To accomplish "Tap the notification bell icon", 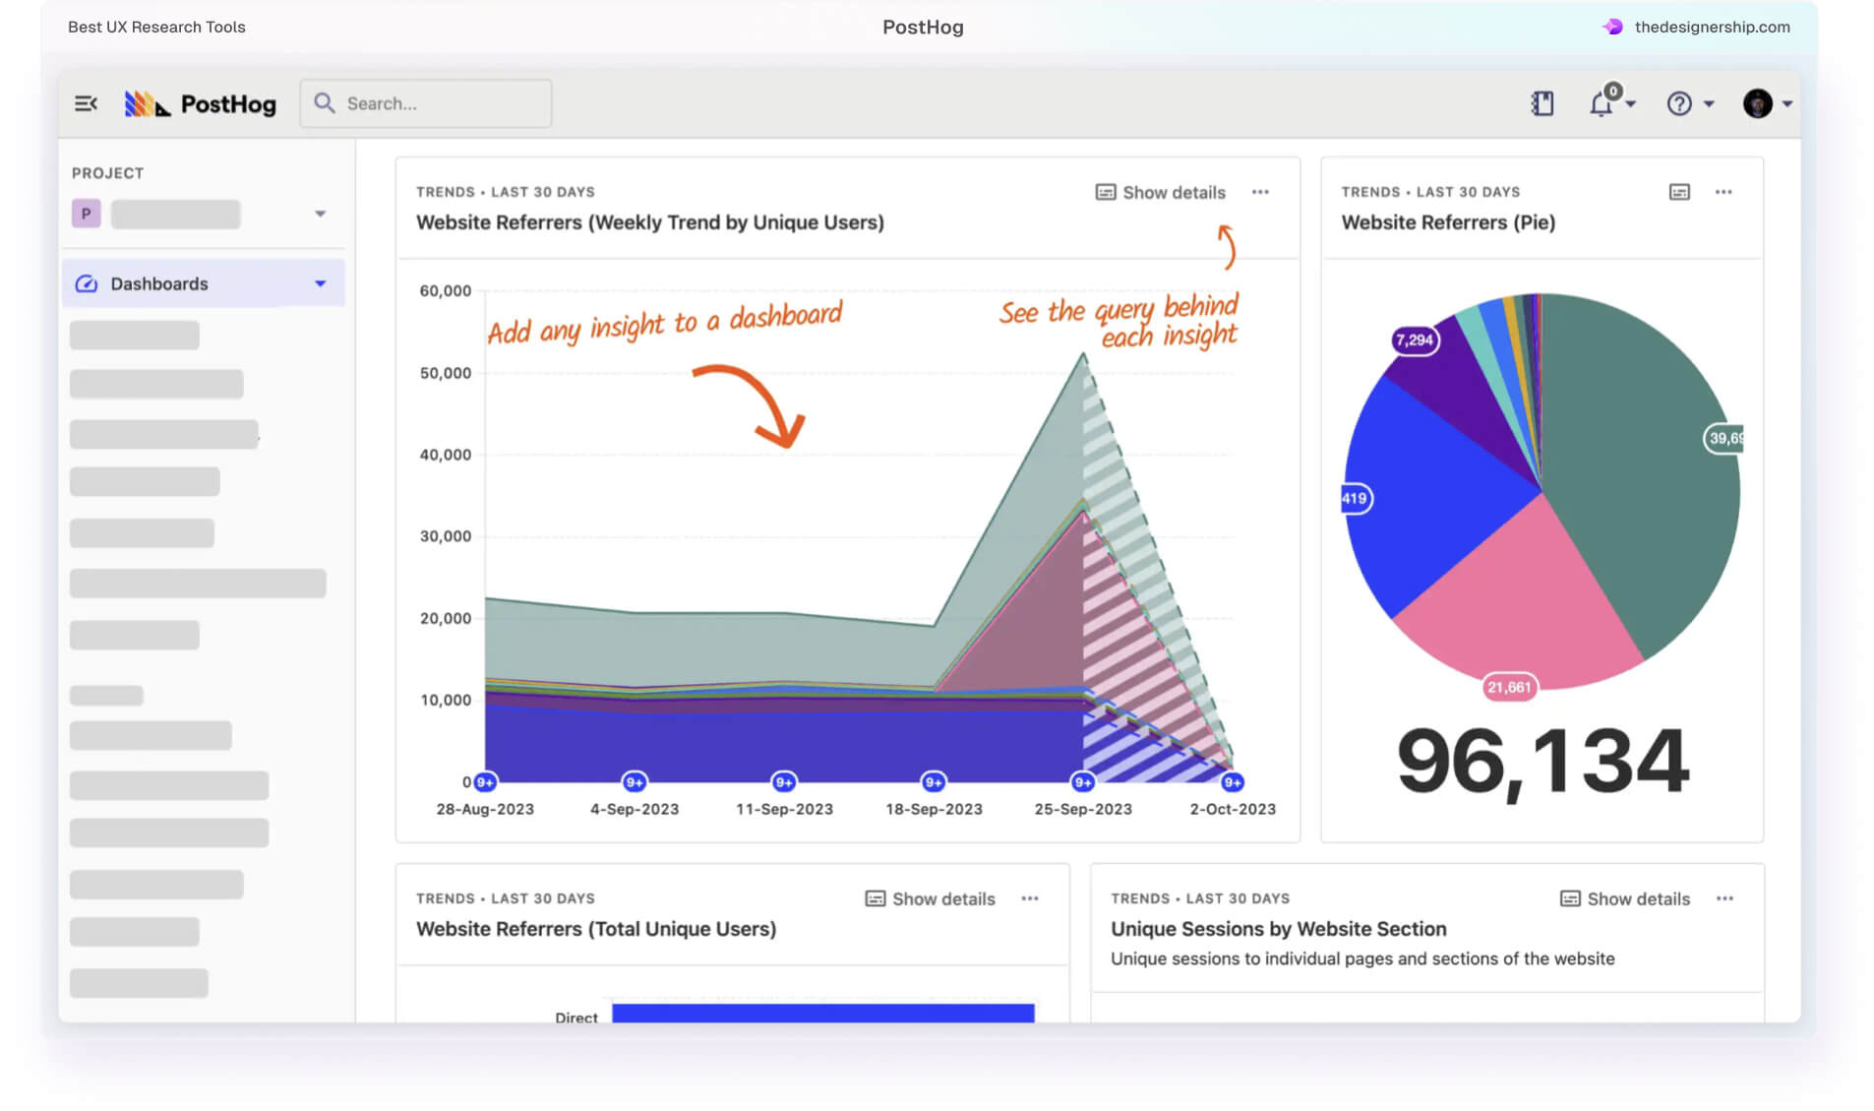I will pyautogui.click(x=1601, y=103).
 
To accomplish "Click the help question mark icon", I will pyautogui.click(x=1678, y=103).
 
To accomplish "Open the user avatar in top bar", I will pyautogui.click(x=1757, y=103).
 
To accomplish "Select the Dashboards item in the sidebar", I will pyautogui.click(x=159, y=283).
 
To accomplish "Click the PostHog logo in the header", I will pyautogui.click(x=201, y=103).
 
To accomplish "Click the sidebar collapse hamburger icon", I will pyautogui.click(x=86, y=103).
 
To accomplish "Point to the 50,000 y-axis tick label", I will pyautogui.click(x=446, y=373).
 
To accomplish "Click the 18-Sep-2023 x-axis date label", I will pyautogui.click(x=934, y=809).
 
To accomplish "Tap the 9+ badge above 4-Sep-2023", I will pyautogui.click(x=635, y=782).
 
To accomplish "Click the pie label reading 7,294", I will pyautogui.click(x=1415, y=340).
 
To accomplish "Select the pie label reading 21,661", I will pyautogui.click(x=1509, y=687).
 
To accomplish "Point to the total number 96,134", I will pyautogui.click(x=1542, y=761).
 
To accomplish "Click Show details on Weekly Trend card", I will pyautogui.click(x=1161, y=192).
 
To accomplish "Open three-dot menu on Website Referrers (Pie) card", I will pyautogui.click(x=1723, y=192).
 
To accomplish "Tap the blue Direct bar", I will pyautogui.click(x=822, y=1013).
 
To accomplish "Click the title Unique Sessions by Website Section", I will pyautogui.click(x=1278, y=929).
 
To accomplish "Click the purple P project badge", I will pyautogui.click(x=87, y=214).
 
